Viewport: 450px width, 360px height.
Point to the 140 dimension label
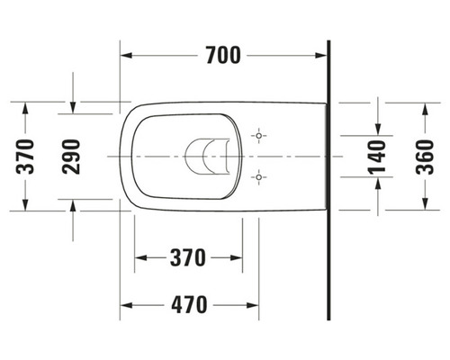tap(377, 157)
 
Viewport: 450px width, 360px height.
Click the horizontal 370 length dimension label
tap(188, 257)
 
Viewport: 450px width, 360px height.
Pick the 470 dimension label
tap(188, 302)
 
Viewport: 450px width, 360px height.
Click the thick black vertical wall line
tap(329, 180)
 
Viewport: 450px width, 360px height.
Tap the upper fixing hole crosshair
tap(259, 136)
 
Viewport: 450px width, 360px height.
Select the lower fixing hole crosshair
tap(259, 177)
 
